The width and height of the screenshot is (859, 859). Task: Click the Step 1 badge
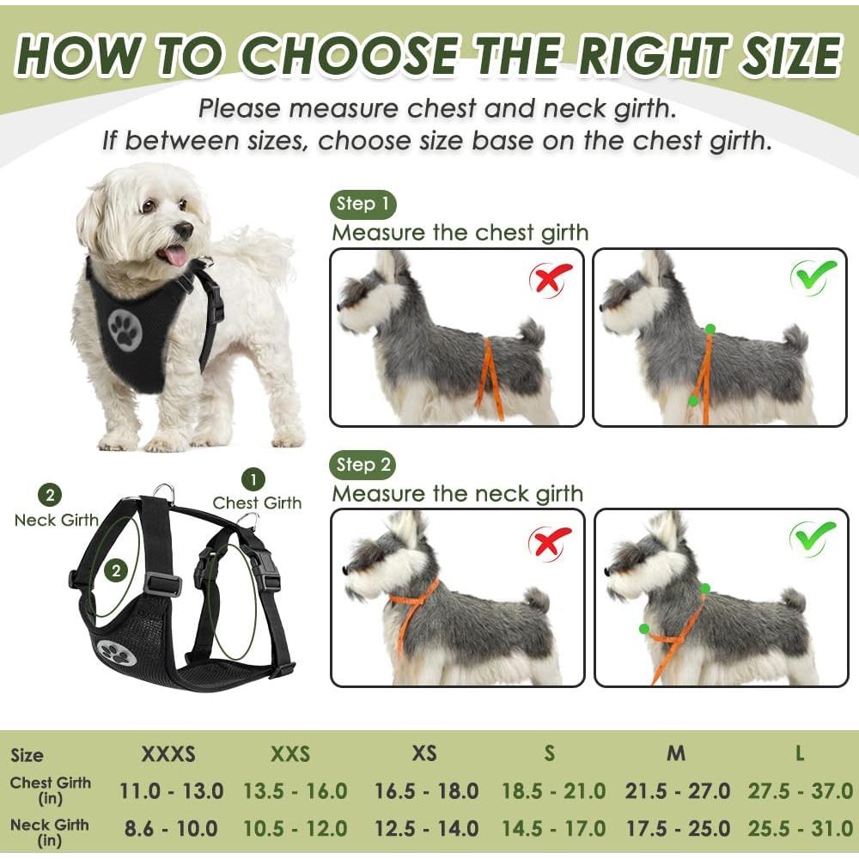[362, 204]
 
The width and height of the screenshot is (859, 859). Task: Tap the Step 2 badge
[362, 466]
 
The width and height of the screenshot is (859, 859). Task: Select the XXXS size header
[168, 755]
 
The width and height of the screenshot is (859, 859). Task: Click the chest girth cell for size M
[676, 791]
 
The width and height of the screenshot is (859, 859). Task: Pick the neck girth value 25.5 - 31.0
[800, 829]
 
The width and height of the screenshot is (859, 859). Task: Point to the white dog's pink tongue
[175, 255]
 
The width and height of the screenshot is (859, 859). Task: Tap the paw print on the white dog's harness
[125, 331]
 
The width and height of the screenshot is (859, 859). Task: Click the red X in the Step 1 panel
[552, 277]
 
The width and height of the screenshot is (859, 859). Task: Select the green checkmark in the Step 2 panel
[813, 537]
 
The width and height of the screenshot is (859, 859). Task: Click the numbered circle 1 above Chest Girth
[253, 479]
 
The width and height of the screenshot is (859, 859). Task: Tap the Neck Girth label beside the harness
[56, 521]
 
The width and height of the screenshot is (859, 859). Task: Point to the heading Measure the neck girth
[458, 494]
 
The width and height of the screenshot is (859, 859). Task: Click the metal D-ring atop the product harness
[164, 492]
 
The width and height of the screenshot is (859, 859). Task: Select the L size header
[800, 754]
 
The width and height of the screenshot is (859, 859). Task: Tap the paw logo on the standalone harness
[117, 654]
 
